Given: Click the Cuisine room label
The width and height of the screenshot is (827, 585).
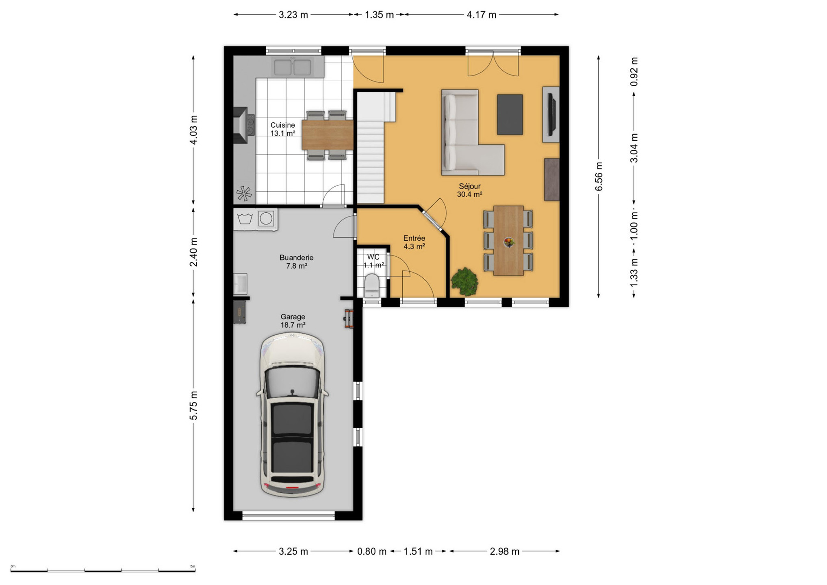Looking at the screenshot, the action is pos(283,129).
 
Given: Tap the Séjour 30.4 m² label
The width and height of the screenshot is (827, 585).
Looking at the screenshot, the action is pos(469,190).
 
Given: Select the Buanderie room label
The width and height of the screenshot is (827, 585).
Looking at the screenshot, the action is pos(296,262).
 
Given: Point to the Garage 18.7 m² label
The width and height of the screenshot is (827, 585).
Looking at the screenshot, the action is pos(293,321).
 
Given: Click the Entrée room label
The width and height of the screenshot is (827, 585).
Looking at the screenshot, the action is pos(414,242).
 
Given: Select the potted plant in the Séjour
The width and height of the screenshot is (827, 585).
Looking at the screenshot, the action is pos(464,281).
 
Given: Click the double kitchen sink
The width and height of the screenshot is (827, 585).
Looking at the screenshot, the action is pos(292,67).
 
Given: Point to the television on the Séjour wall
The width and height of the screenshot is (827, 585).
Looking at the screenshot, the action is pos(551,114).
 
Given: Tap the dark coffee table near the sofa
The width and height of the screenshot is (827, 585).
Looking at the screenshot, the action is pos(510,115).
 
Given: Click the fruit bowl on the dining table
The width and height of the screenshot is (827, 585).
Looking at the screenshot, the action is pos(508,242).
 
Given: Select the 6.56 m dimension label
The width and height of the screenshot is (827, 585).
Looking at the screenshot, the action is pos(599,176).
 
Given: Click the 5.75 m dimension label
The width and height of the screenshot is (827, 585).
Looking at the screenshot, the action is pos(193,405).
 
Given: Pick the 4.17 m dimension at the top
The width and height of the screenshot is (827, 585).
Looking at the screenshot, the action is pos(481,15).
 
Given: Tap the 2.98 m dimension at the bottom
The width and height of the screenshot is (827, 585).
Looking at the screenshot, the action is pos(504,551).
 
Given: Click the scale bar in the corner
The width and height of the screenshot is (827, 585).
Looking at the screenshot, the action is pos(103,570).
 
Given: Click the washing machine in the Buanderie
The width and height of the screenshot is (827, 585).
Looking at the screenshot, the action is pos(266,219).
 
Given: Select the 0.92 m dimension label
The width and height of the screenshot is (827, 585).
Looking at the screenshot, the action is pos(634,71).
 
